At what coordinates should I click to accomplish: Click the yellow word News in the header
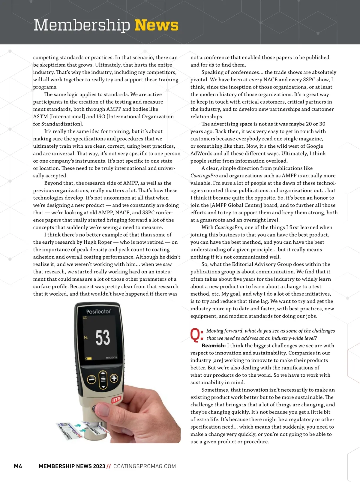[x=156, y=25]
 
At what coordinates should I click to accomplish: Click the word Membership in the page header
[x=82, y=25]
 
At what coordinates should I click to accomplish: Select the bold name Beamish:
[x=214, y=346]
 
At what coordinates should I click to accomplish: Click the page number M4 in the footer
[x=18, y=466]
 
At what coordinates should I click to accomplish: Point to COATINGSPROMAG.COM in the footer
[x=145, y=466]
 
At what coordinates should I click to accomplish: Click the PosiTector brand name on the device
[x=98, y=312]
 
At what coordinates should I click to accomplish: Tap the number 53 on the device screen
[x=103, y=338]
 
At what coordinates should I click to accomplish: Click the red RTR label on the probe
[x=116, y=400]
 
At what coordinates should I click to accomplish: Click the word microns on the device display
[x=111, y=357]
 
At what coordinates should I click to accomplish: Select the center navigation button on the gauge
[x=103, y=379]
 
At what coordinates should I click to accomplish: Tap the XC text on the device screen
[x=85, y=318]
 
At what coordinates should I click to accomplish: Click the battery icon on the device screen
[x=88, y=358]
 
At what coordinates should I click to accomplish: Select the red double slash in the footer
[x=109, y=466]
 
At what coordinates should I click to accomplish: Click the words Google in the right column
[x=312, y=146]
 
